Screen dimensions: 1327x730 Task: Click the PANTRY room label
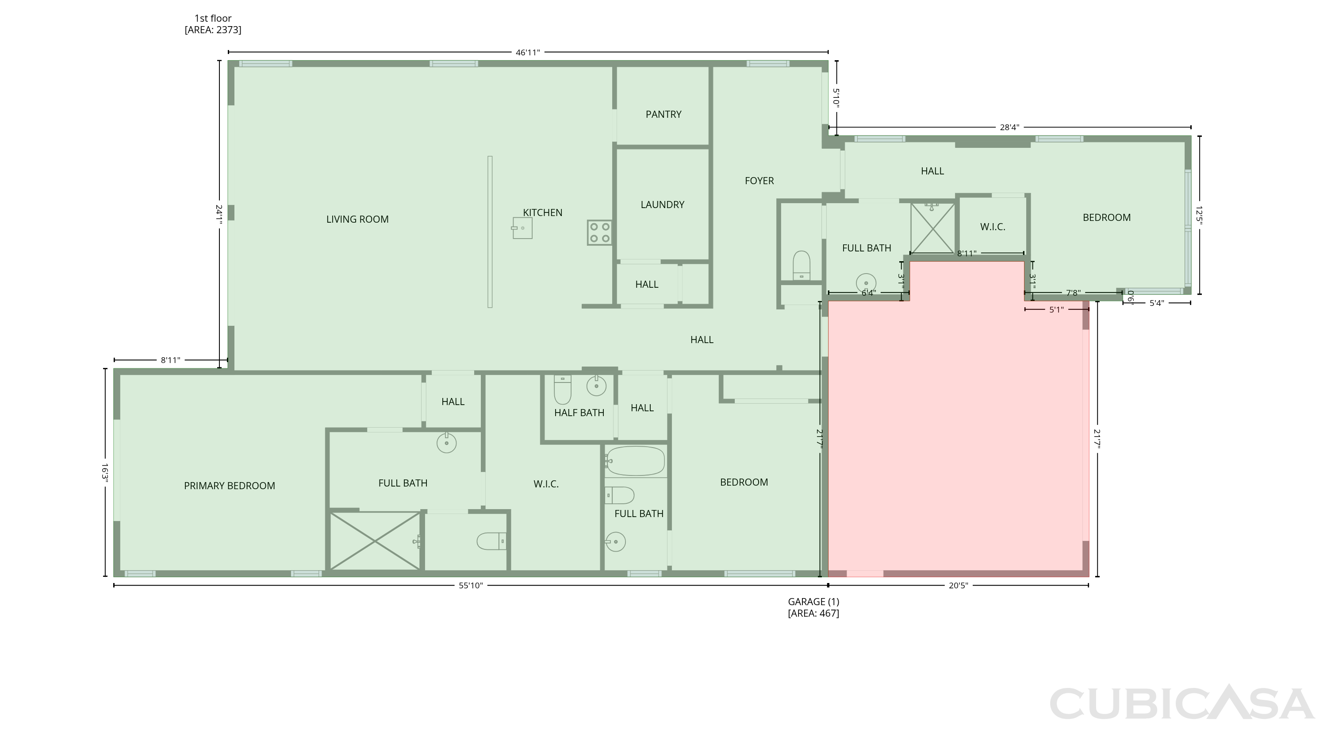pyautogui.click(x=663, y=115)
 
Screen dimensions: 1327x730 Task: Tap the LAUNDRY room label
pyautogui.click(x=663, y=205)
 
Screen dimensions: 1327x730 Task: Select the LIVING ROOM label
pyautogui.click(x=357, y=219)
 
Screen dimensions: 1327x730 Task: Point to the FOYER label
pyautogui.click(x=759, y=181)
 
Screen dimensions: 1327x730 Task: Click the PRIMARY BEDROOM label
pyautogui.click(x=230, y=486)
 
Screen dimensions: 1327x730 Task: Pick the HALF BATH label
pyautogui.click(x=579, y=413)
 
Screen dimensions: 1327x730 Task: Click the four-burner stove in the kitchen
pyautogui.click(x=600, y=232)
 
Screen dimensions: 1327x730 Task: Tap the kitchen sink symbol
pyautogui.click(x=522, y=228)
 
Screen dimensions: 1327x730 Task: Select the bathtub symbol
pyautogui.click(x=635, y=461)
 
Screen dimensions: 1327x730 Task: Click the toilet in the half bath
pyautogui.click(x=563, y=390)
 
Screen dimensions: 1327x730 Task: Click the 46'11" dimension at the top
pyautogui.click(x=528, y=52)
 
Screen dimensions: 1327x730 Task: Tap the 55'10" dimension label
pyautogui.click(x=471, y=585)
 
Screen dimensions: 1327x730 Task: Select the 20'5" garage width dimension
pyautogui.click(x=958, y=585)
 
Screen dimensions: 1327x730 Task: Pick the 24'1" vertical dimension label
pyautogui.click(x=219, y=214)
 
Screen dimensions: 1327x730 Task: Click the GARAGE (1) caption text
pyautogui.click(x=813, y=602)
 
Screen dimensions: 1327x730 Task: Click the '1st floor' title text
pyautogui.click(x=213, y=18)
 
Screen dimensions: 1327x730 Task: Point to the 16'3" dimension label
pyautogui.click(x=104, y=472)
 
